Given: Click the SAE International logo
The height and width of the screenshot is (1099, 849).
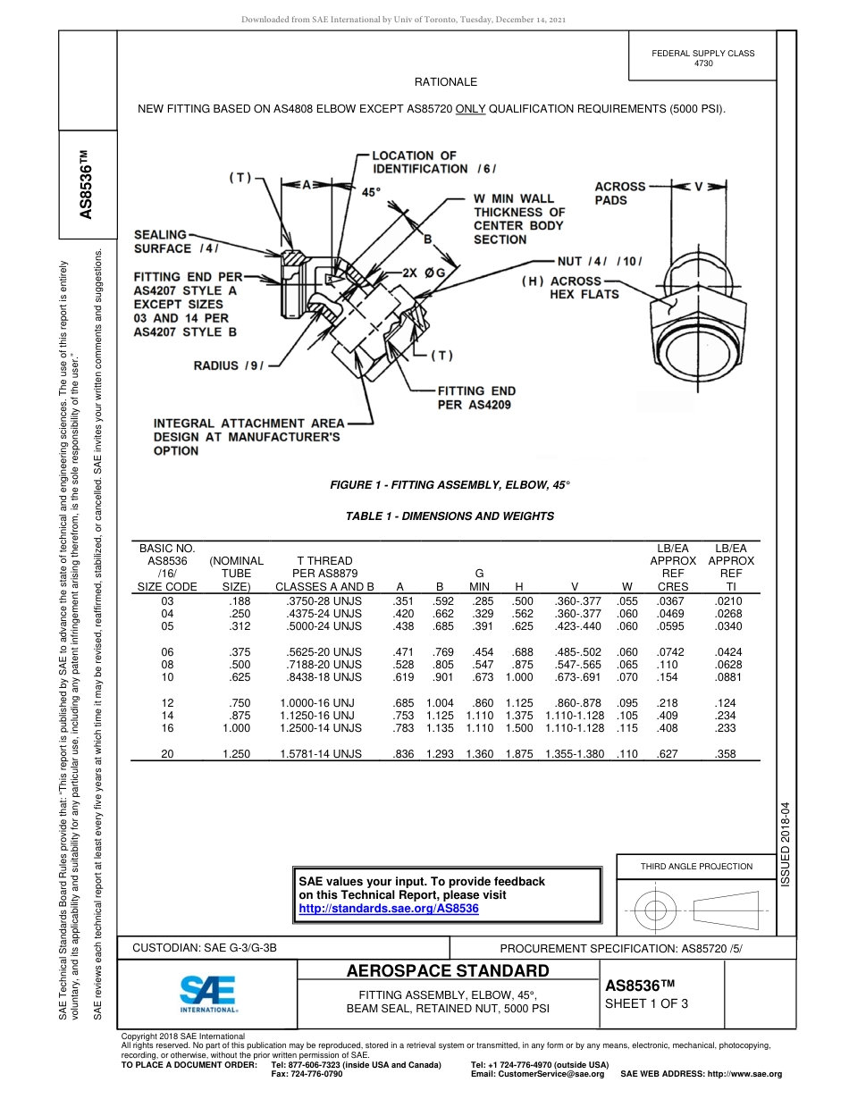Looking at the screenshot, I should pyautogui.click(x=208, y=993).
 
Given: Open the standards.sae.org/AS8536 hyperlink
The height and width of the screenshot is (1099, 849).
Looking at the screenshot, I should pyautogui.click(x=388, y=908).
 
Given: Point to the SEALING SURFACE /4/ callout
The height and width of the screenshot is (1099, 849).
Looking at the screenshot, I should pyautogui.click(x=176, y=241).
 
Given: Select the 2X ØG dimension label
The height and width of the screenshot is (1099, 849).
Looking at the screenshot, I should pyautogui.click(x=424, y=271).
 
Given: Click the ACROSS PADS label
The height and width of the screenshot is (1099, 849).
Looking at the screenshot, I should pyautogui.click(x=619, y=193).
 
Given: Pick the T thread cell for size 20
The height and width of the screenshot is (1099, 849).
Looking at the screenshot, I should pyautogui.click(x=321, y=754).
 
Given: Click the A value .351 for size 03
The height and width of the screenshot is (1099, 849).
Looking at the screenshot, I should pyautogui.click(x=403, y=601).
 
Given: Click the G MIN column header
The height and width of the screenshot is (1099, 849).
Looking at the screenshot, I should pyautogui.click(x=479, y=580).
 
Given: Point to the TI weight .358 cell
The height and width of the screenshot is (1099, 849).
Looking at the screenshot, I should pyautogui.click(x=726, y=754).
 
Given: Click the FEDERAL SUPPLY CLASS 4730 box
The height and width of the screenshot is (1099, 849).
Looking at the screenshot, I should pyautogui.click(x=702, y=58).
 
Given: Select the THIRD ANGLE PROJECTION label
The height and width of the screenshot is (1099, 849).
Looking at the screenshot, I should pyautogui.click(x=696, y=866).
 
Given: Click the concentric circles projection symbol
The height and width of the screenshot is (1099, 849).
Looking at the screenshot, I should pyautogui.click(x=656, y=910).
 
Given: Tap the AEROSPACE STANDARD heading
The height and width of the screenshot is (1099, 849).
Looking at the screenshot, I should pyautogui.click(x=447, y=971).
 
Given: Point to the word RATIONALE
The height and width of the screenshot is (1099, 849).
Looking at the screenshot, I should pyautogui.click(x=445, y=82).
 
